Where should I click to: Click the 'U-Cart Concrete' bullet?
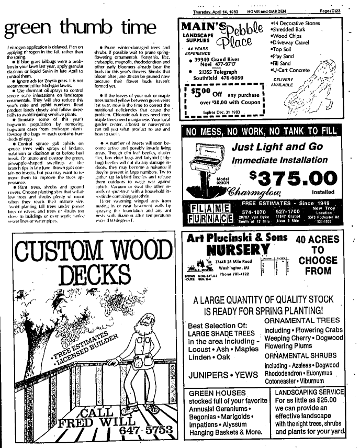tap(294, 70)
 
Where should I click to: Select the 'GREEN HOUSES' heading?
tap(212, 394)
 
